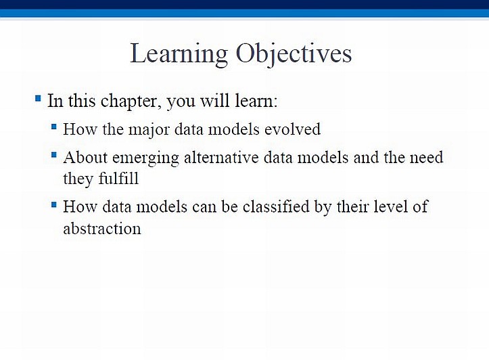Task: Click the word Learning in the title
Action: coord(179,54)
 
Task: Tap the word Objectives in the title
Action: coord(294,54)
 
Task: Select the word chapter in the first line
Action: coord(131,102)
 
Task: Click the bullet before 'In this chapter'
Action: coord(38,99)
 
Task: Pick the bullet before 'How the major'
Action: coord(54,127)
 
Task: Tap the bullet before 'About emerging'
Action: coord(54,155)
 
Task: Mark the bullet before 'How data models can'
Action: coord(54,204)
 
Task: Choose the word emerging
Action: coord(145,158)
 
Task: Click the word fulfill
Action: coord(118,179)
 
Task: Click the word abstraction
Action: coord(102,228)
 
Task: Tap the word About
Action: coord(85,157)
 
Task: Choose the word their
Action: coord(353,206)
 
